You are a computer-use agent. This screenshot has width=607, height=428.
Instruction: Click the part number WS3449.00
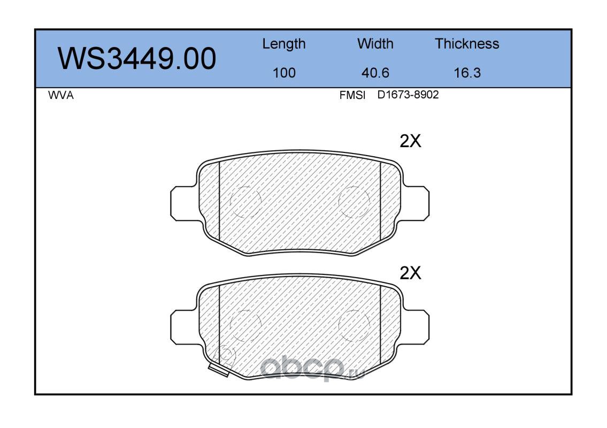click(137, 59)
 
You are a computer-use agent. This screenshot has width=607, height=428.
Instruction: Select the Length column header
click(284, 44)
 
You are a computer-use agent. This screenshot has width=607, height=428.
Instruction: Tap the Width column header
click(375, 44)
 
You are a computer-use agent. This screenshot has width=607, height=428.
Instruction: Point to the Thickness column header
click(467, 44)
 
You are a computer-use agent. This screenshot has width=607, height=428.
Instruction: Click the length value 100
click(284, 73)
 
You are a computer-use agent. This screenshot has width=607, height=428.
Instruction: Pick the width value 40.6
click(375, 73)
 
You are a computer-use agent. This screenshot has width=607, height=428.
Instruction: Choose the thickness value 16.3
click(467, 73)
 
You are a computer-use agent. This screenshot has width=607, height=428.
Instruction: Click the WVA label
click(61, 95)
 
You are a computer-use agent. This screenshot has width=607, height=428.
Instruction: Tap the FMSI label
click(352, 95)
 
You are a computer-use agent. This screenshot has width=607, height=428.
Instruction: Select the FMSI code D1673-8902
click(408, 95)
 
